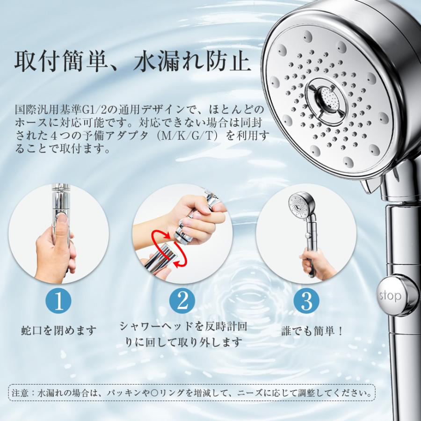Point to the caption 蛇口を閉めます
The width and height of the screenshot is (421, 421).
[59, 331]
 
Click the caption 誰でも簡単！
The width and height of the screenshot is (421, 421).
[312, 331]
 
